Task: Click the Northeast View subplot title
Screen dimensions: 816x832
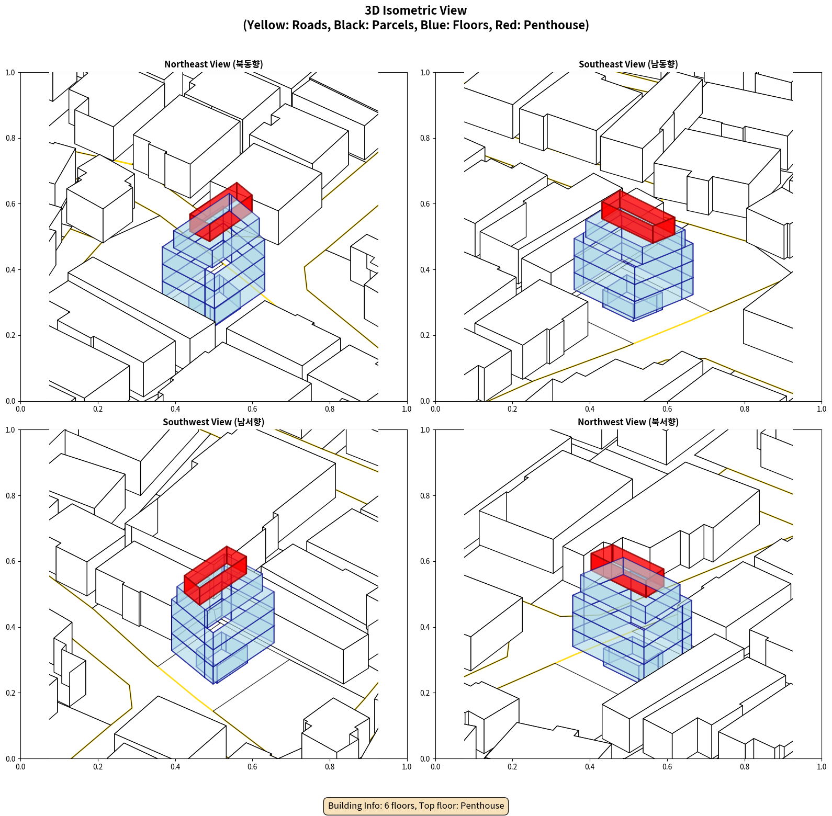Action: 213,64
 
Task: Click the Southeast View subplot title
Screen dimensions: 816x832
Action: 628,64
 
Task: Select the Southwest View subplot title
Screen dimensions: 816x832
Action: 213,422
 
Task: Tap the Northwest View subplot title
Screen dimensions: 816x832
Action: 628,422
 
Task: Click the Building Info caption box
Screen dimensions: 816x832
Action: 416,806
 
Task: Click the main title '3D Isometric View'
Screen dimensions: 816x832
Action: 416,10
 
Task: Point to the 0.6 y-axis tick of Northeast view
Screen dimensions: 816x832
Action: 10,204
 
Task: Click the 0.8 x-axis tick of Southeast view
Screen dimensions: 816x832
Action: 745,409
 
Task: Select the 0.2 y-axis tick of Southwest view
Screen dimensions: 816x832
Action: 10,693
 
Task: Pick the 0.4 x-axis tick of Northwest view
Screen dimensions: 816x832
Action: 590,767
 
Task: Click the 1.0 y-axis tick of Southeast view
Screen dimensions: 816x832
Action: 425,73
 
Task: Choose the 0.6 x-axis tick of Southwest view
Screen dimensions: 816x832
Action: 252,767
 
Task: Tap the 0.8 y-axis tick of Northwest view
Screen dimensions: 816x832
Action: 425,496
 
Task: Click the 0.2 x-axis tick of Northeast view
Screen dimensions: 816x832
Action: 98,409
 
